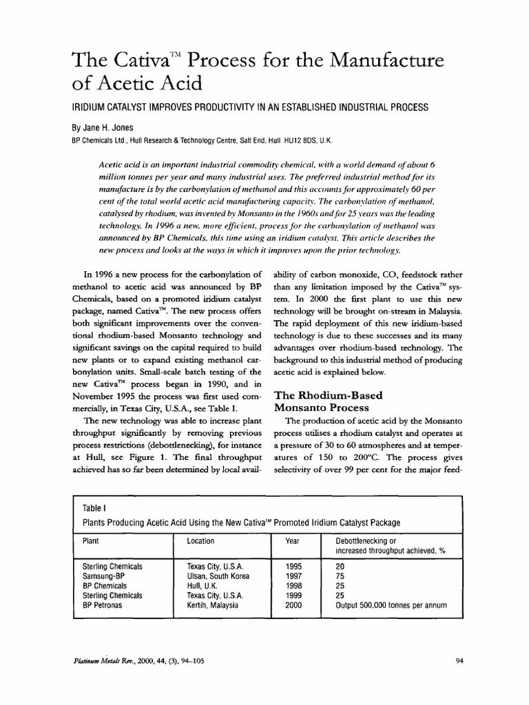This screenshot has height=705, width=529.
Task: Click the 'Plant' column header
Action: tap(91, 541)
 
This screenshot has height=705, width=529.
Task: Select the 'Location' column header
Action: tap(200, 541)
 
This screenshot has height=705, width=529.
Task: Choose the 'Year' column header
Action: tap(292, 541)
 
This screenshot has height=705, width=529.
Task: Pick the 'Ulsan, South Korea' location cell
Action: tap(218, 576)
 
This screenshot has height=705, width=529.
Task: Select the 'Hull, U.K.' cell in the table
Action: tap(204, 585)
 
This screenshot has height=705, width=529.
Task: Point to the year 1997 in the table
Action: tap(294, 576)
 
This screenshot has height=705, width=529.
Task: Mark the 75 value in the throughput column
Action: tap(340, 576)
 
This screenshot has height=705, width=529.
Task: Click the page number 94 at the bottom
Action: tap(460, 662)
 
